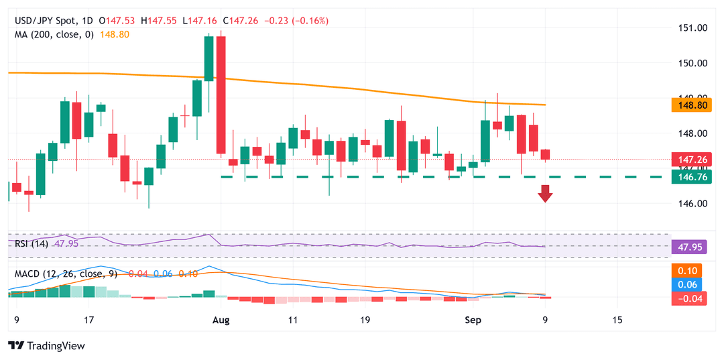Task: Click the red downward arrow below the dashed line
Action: [x=545, y=194]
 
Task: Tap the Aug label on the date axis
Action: [x=221, y=320]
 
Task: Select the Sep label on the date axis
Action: [x=474, y=320]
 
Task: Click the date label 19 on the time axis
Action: [x=365, y=320]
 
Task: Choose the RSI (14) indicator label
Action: [x=31, y=243]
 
